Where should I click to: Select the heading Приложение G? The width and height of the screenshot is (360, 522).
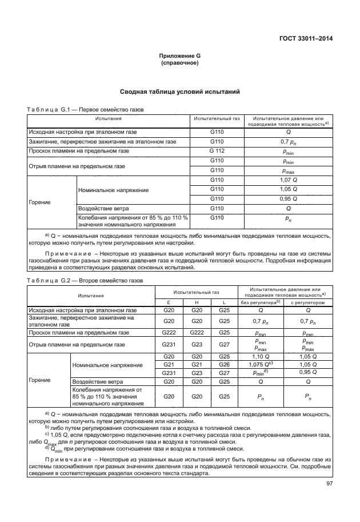pos(179,56)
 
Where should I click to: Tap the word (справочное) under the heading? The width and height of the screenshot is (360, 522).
pos(179,63)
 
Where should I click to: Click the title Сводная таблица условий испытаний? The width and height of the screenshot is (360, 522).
pos(179,91)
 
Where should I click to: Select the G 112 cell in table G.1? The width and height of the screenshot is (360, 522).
pos(217,151)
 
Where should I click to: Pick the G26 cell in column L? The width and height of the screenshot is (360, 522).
pos(224,364)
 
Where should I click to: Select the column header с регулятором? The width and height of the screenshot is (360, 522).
pos(307,302)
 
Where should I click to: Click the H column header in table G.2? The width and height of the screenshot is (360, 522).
pos(197,302)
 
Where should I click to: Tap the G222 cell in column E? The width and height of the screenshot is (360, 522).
pos(169,332)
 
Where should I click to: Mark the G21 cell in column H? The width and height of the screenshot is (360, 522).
pos(197,364)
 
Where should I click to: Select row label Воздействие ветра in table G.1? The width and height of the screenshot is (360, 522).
pos(103,208)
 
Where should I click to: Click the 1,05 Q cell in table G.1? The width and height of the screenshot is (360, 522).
pos(289,189)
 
